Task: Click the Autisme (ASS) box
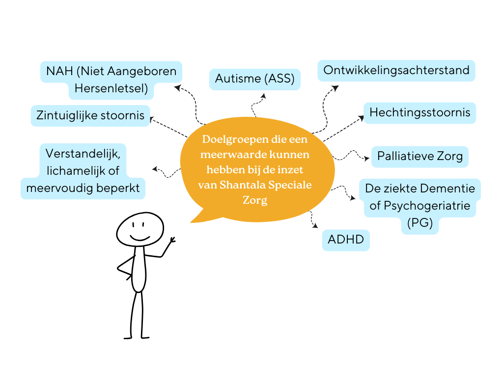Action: pyautogui.click(x=254, y=79)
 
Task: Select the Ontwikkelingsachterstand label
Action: pyautogui.click(x=396, y=70)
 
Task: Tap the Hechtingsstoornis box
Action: pyautogui.click(x=419, y=112)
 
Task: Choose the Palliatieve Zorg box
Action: pyautogui.click(x=419, y=157)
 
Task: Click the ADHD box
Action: pyautogui.click(x=346, y=240)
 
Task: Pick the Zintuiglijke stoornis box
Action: pyautogui.click(x=90, y=115)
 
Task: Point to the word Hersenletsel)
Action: pyautogui.click(x=111, y=89)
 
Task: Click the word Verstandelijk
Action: pyautogui.click(x=83, y=153)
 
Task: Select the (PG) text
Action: pyautogui.click(x=420, y=223)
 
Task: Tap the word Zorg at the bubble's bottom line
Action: pyautogui.click(x=255, y=200)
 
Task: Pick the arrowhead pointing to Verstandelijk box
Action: pyautogui.click(x=155, y=169)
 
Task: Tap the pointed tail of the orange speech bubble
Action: pyautogui.click(x=193, y=221)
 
